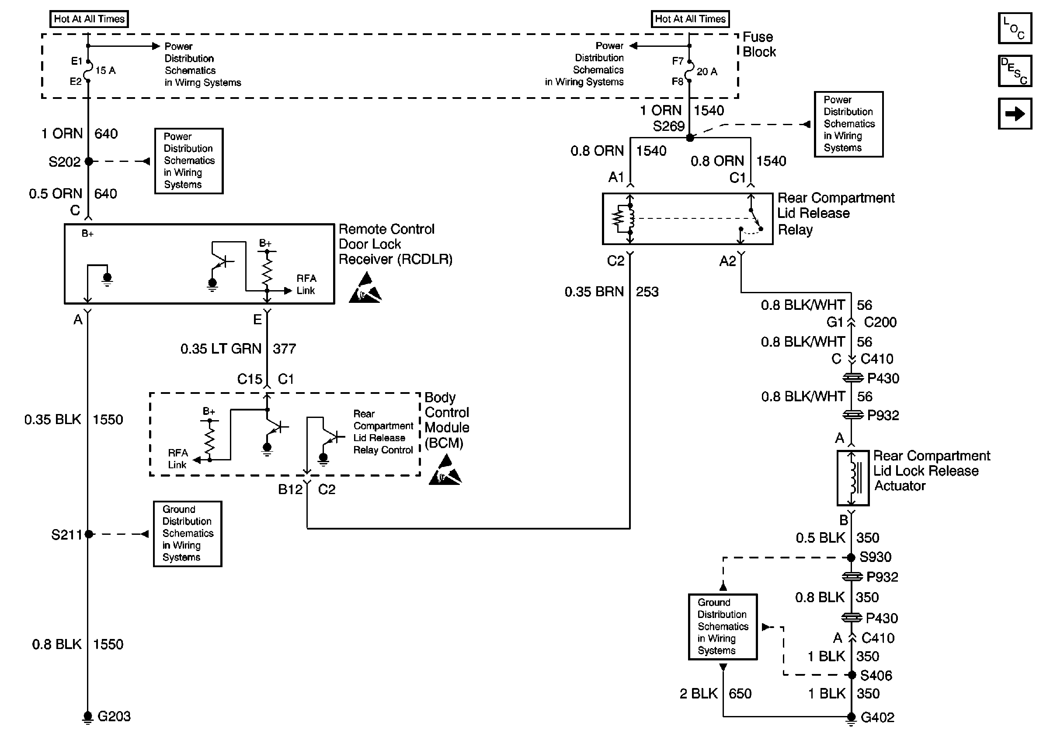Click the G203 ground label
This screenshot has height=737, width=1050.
pyautogui.click(x=114, y=716)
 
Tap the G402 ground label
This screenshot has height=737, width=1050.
pyautogui.click(x=877, y=717)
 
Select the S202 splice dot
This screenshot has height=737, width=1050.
pyautogui.click(x=89, y=161)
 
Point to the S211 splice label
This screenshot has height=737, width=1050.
pyautogui.click(x=66, y=535)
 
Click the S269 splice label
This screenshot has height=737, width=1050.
pyautogui.click(x=668, y=126)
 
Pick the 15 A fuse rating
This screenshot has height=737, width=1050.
pyautogui.click(x=105, y=70)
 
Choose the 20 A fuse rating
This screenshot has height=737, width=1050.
pyautogui.click(x=706, y=71)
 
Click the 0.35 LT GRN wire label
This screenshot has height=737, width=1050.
pyautogui.click(x=221, y=349)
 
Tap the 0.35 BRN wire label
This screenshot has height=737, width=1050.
pyautogui.click(x=594, y=291)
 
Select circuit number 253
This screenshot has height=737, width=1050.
pyautogui.click(x=647, y=291)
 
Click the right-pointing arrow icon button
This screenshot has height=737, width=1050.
pyautogui.click(x=1015, y=113)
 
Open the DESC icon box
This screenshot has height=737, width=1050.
pyautogui.click(x=1015, y=71)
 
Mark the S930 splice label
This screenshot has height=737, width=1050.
pyautogui.click(x=875, y=557)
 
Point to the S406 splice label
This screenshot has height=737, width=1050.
pyautogui.click(x=876, y=676)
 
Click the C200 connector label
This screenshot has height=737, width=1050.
pyautogui.click(x=880, y=322)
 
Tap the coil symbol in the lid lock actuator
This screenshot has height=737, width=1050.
pyautogui.click(x=853, y=478)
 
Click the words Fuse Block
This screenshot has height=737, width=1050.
pyautogui.click(x=759, y=44)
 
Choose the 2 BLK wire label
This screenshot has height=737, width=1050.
pyautogui.click(x=698, y=694)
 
